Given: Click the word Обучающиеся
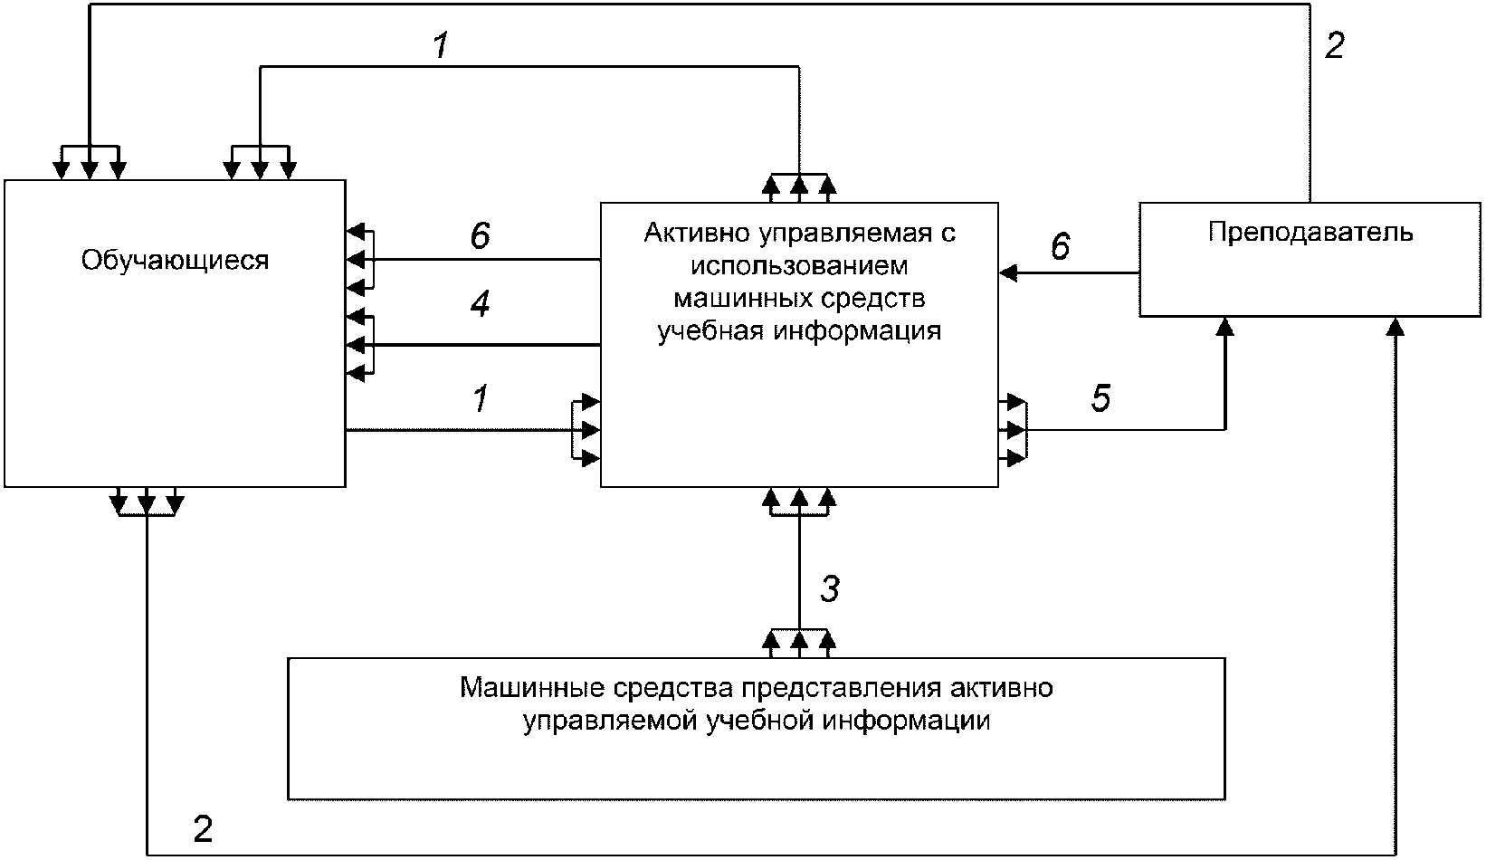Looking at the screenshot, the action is coord(176,261).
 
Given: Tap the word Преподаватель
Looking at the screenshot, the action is coord(1310,233).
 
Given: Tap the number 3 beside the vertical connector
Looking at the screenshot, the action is coord(830,588).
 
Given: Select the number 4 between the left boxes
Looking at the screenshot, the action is coord(480,303).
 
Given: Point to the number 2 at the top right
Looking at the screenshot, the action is coord(1334,45).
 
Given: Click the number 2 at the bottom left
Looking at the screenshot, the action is coord(203,829).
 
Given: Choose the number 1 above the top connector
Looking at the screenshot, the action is coord(441,45).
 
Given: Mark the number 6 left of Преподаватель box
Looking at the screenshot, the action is coord(1060,245).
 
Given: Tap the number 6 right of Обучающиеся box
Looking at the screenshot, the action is coord(480,235).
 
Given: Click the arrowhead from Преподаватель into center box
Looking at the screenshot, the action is coord(1008,272).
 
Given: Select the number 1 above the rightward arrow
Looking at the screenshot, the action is coord(481,398).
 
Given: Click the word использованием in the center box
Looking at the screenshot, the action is coord(799,266).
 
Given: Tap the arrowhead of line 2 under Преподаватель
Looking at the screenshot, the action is coord(1396,327).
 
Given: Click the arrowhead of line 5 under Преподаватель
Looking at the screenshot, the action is coord(1225,327).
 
